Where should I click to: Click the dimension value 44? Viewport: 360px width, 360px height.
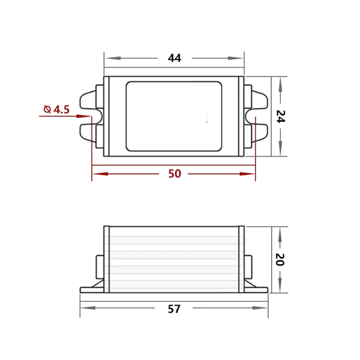[175, 58]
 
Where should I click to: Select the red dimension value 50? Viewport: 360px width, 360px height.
[175, 174]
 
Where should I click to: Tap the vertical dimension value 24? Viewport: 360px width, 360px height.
[280, 116]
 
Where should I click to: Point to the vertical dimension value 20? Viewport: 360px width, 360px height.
[280, 259]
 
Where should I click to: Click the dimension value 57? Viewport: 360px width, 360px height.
[174, 309]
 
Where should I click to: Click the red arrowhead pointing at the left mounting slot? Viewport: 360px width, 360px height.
[86, 116]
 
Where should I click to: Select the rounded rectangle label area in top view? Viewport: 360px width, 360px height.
[174, 116]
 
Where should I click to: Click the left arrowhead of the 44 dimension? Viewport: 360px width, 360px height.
[108, 58]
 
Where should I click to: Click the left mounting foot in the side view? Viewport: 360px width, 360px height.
[92, 289]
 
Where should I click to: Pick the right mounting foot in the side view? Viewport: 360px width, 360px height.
[256, 289]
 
